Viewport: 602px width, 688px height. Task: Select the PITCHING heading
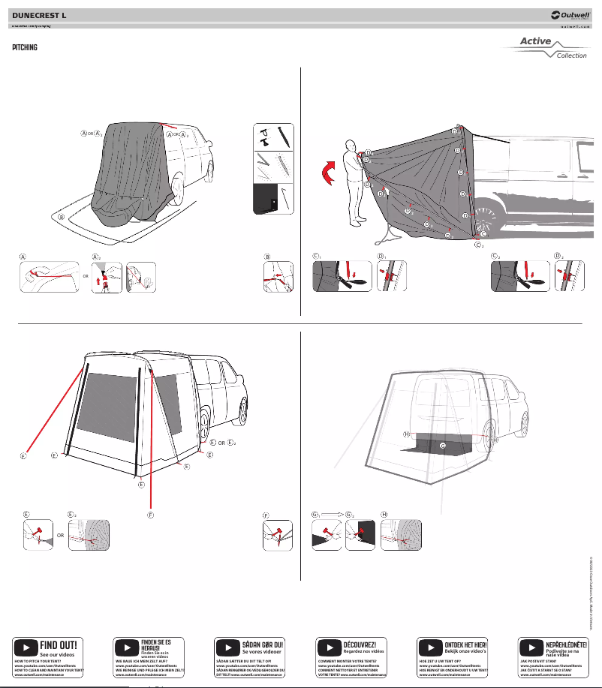pyautogui.click(x=26, y=47)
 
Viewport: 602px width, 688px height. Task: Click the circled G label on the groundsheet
pyautogui.click(x=442, y=446)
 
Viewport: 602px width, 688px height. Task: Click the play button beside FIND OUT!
pyautogui.click(x=26, y=646)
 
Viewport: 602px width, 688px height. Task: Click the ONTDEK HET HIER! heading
pyautogui.click(x=465, y=644)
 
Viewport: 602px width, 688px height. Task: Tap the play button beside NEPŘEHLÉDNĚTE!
pyautogui.click(x=532, y=646)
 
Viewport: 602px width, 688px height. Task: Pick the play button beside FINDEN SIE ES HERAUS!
pyautogui.click(x=127, y=646)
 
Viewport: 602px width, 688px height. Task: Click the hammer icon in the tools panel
pyautogui.click(x=264, y=138)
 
